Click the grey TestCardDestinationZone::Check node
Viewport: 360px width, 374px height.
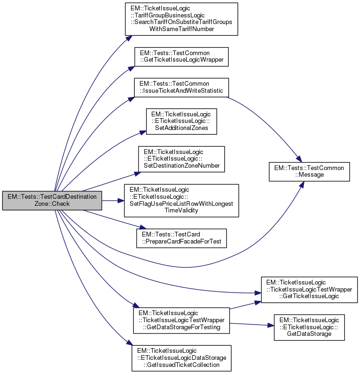52,201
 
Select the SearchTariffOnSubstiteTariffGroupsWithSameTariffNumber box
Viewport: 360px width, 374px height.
181,19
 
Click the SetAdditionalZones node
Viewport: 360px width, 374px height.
181,121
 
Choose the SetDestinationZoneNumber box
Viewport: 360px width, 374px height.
181,159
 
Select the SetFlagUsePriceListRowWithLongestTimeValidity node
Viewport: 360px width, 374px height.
181,201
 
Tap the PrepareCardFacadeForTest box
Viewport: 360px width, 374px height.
181,238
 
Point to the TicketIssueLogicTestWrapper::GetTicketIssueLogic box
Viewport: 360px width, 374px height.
309,289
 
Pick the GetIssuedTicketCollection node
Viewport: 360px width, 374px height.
181,358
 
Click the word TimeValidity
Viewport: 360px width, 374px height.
181,210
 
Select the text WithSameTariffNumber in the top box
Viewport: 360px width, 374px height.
181,29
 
